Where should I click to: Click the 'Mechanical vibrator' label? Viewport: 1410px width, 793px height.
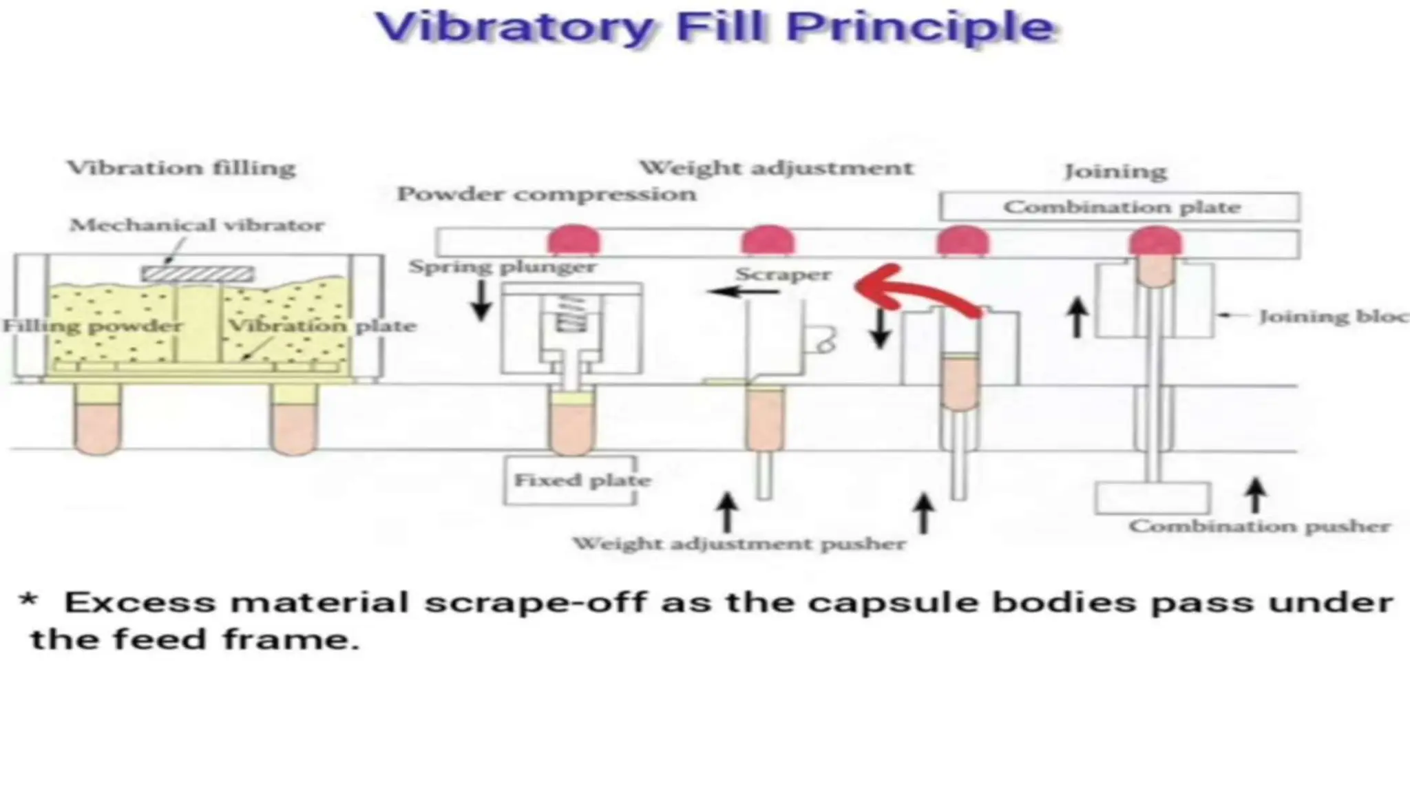point(197,225)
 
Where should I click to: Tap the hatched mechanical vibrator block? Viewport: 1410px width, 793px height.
point(198,274)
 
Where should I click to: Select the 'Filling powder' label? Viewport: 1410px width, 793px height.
point(93,326)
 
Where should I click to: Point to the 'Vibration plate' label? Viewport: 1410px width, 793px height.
point(322,326)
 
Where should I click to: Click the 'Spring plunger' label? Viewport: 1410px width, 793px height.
point(502,266)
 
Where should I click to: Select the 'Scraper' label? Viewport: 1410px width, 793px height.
point(783,275)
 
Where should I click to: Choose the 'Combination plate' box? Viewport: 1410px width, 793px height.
point(1120,207)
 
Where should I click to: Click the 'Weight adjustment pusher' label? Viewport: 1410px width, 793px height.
point(739,544)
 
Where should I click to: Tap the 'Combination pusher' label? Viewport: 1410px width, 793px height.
point(1259,527)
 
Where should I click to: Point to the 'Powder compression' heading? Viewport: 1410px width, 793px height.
point(547,194)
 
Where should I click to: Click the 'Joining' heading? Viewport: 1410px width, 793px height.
point(1115,171)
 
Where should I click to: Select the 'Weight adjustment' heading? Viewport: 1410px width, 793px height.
point(776,167)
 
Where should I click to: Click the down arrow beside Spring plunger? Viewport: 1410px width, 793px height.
point(481,300)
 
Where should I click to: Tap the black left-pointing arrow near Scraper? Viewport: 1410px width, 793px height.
point(743,292)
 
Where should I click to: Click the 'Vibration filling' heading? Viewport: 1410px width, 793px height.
point(181,167)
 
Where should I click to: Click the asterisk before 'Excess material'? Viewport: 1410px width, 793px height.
point(28,599)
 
